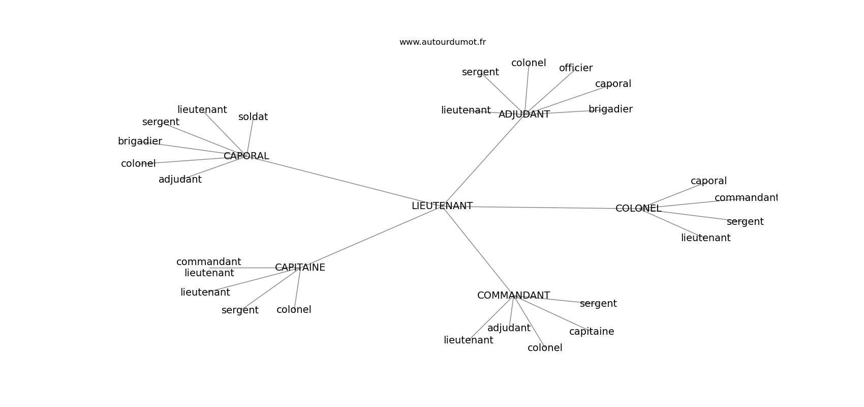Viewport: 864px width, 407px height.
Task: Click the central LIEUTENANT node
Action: pyautogui.click(x=442, y=206)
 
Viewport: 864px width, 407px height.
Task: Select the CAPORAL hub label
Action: pyautogui.click(x=246, y=156)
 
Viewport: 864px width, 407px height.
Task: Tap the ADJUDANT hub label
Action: pyautogui.click(x=524, y=114)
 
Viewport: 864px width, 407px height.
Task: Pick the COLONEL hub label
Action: pyautogui.click(x=638, y=209)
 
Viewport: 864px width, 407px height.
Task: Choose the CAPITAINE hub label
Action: pyautogui.click(x=300, y=268)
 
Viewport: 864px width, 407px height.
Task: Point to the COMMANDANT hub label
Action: pyautogui.click(x=513, y=296)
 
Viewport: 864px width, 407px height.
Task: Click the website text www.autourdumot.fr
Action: pyautogui.click(x=442, y=42)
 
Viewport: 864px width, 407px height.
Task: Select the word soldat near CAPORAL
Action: pyautogui.click(x=253, y=117)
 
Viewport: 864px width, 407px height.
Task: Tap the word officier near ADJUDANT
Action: pyautogui.click(x=576, y=68)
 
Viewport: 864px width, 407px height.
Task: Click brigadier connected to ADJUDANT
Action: pyautogui.click(x=610, y=109)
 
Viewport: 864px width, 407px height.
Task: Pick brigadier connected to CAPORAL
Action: pyautogui.click(x=140, y=141)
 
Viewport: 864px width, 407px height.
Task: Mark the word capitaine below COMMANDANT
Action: pyautogui.click(x=592, y=332)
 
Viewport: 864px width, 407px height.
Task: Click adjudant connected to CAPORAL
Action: pyautogui.click(x=180, y=180)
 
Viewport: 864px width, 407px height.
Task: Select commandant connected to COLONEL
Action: pyautogui.click(x=746, y=198)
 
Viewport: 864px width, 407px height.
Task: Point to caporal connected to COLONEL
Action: pyautogui.click(x=708, y=181)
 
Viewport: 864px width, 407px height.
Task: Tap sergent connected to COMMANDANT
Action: pyautogui.click(x=598, y=304)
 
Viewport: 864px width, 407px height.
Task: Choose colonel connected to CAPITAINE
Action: pyautogui.click(x=294, y=310)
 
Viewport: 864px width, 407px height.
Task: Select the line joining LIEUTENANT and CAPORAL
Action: pyautogui.click(x=346, y=182)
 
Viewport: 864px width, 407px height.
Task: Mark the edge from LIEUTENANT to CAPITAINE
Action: pyautogui.click(x=371, y=237)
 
